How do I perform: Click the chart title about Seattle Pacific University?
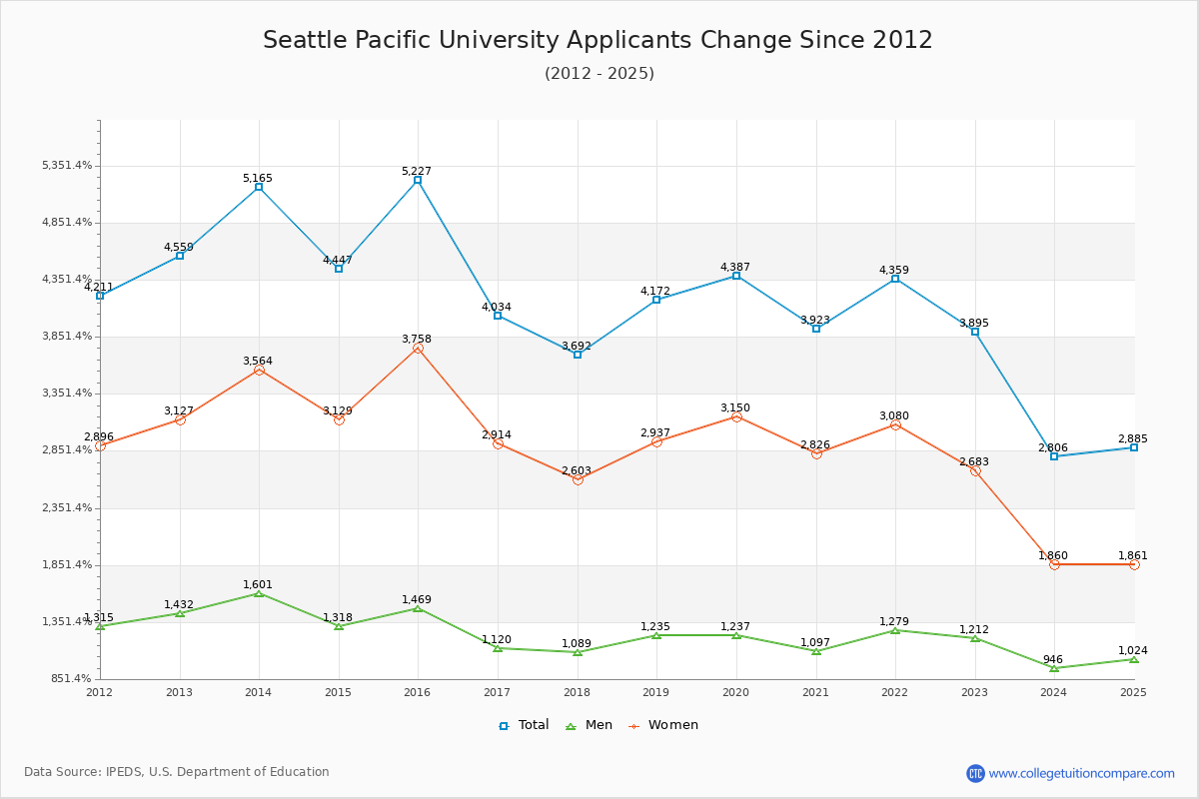tap(598, 40)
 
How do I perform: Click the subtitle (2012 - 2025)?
tap(599, 74)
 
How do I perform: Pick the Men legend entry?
tap(590, 725)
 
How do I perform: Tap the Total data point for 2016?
tap(418, 180)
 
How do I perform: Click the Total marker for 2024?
tap(1054, 456)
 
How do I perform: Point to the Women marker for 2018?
tap(578, 479)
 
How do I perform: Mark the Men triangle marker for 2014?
tap(259, 593)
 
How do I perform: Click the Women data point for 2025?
tap(1134, 564)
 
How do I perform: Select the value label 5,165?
tap(257, 179)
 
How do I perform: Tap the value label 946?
tap(1053, 659)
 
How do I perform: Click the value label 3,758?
tap(417, 340)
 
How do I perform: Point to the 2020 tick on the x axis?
tap(735, 691)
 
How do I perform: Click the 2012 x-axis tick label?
tap(100, 691)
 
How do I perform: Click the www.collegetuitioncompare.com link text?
tap(1081, 773)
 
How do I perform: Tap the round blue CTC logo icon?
tap(975, 773)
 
